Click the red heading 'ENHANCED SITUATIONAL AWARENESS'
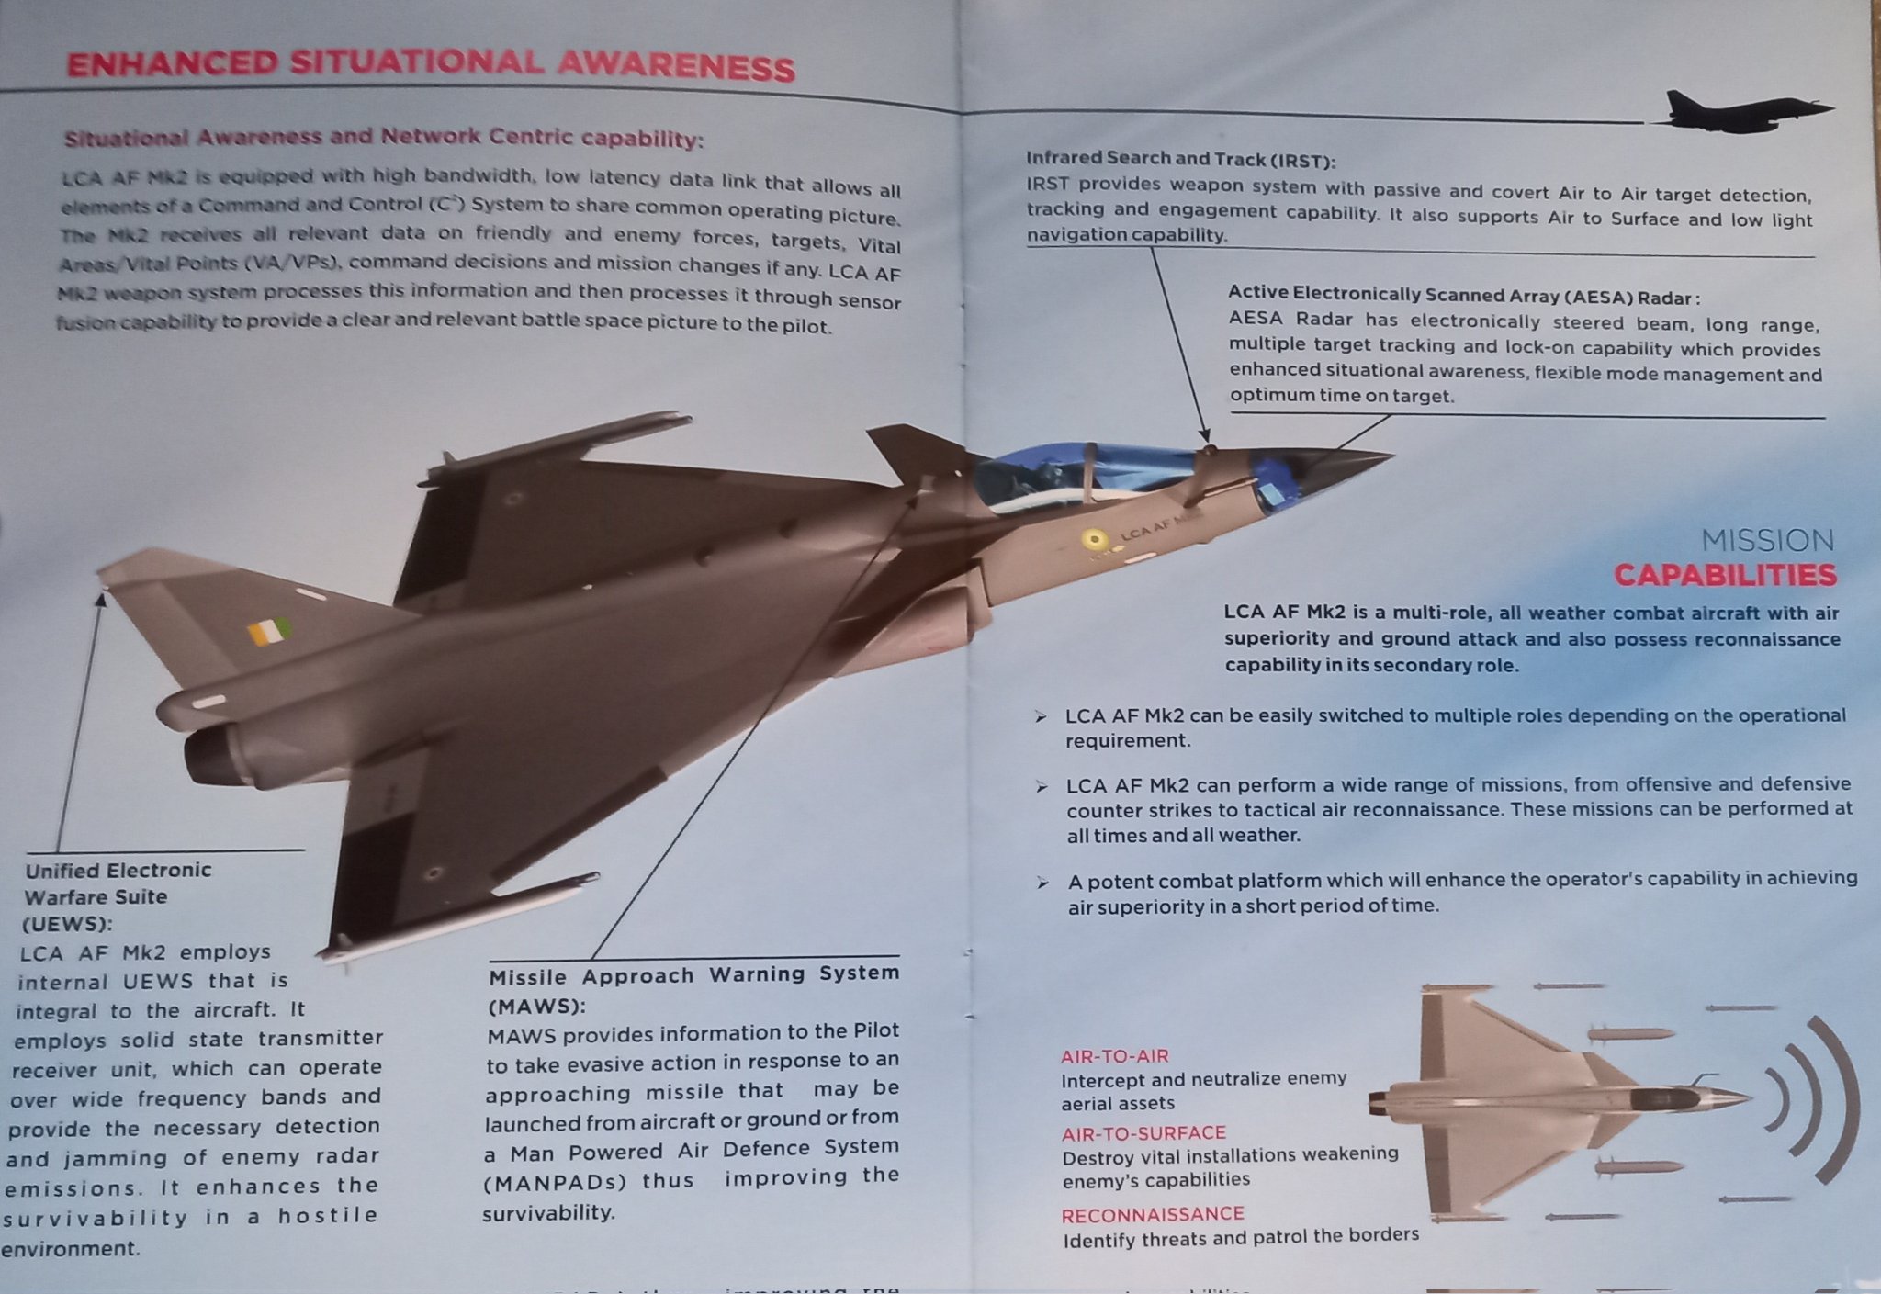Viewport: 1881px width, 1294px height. click(x=430, y=64)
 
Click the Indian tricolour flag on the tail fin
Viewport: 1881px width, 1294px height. click(x=269, y=631)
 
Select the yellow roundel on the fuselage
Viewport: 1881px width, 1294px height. click(x=1093, y=541)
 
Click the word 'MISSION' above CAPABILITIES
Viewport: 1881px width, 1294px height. click(x=1767, y=540)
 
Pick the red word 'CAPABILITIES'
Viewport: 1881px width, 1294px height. click(x=1725, y=576)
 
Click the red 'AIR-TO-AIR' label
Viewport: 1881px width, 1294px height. click(x=1114, y=1056)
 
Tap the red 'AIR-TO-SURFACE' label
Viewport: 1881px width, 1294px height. click(x=1143, y=1133)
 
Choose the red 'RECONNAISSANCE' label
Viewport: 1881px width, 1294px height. click(x=1152, y=1214)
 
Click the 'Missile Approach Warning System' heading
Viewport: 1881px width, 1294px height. click(x=693, y=975)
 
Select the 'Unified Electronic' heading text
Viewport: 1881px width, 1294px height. click(x=118, y=871)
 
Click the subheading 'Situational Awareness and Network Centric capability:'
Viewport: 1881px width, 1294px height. click(x=383, y=138)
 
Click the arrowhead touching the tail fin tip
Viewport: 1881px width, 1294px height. click(x=101, y=600)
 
